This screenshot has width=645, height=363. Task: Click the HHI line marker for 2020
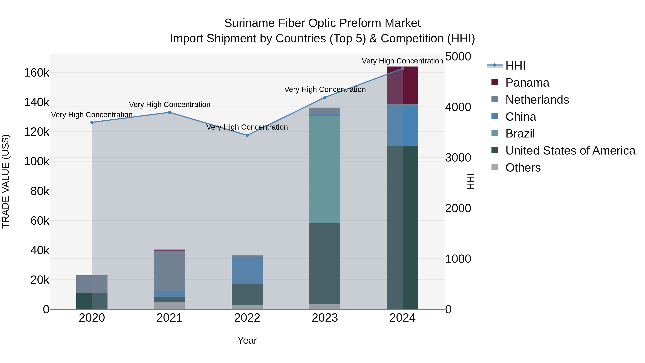pos(92,122)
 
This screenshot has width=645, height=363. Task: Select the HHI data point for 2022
pos(247,135)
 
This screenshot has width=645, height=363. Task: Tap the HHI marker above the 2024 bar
pos(402,69)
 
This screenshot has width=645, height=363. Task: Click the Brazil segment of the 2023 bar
pos(325,170)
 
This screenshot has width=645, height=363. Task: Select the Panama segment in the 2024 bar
pos(402,85)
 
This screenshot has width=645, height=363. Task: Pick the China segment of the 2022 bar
pos(247,270)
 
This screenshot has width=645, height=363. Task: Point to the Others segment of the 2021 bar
pos(169,305)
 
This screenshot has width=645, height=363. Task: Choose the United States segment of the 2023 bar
pos(325,264)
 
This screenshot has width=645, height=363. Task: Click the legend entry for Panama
pos(527,83)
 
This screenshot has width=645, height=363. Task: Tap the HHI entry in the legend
pos(515,66)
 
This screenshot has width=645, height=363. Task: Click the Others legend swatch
pos(495,167)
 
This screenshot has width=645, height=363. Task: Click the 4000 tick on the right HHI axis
pos(458,107)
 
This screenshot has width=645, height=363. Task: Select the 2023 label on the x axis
pos(325,318)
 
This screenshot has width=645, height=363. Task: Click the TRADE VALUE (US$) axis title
pos(6,181)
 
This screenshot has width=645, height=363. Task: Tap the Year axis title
pos(247,340)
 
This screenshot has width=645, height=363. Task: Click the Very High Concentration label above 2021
pos(169,105)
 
